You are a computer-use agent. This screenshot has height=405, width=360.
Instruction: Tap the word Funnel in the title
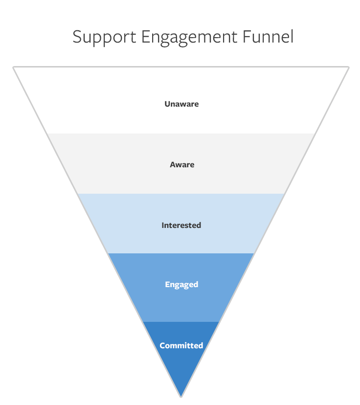(x=272, y=36)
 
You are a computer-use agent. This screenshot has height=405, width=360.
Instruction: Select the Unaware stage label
(x=181, y=104)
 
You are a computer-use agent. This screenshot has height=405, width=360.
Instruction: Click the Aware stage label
(x=182, y=164)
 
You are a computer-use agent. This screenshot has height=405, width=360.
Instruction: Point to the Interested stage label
(x=181, y=225)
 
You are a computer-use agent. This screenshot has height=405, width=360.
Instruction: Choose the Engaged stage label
(x=181, y=284)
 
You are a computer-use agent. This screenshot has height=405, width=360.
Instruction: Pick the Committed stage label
(x=181, y=345)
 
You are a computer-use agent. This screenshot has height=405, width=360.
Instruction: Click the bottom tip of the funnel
(x=181, y=395)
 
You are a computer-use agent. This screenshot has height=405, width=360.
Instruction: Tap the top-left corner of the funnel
(x=14, y=67)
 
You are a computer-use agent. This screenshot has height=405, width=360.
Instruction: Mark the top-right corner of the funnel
(x=348, y=67)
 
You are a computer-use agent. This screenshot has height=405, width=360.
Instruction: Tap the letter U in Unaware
(x=167, y=104)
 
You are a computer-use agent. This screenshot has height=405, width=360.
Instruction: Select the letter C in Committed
(x=162, y=345)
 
